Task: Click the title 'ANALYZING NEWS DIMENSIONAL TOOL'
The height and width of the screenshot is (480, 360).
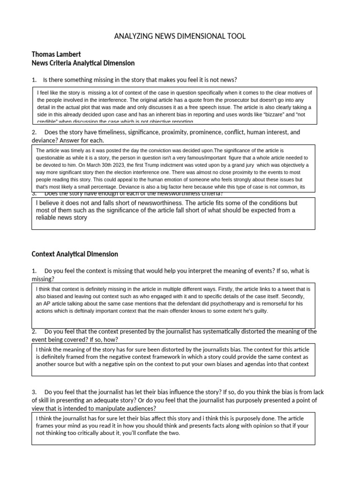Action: tap(180, 36)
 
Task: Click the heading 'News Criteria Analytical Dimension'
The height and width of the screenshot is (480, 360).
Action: tap(83, 63)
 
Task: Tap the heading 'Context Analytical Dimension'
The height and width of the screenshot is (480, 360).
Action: tap(75, 254)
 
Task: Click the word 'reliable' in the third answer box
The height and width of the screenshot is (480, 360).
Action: tap(48, 218)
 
